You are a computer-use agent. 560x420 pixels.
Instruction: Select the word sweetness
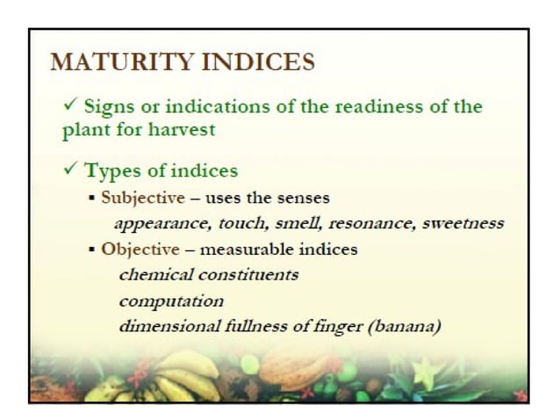[463, 222]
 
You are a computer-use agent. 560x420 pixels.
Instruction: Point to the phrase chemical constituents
[209, 274]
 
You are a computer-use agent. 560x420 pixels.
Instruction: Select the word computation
[171, 301]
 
